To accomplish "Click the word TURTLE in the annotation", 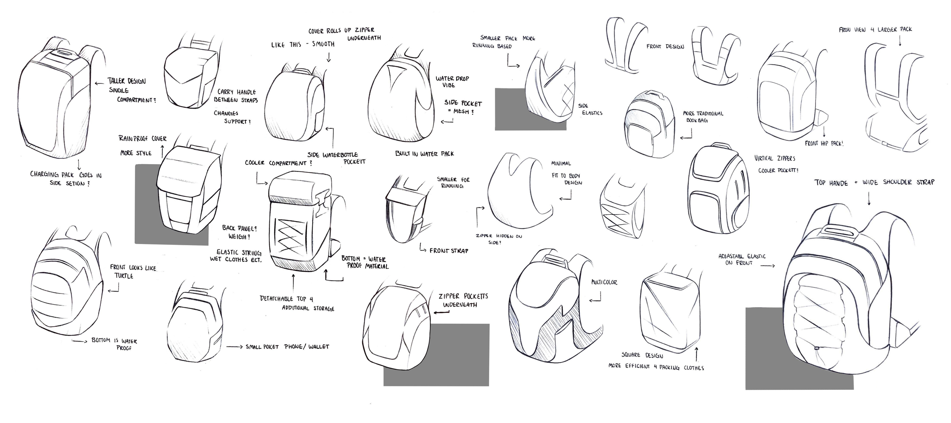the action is click(x=124, y=276).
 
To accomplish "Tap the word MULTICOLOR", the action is click(x=604, y=282).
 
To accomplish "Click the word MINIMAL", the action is click(x=561, y=163).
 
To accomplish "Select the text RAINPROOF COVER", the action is click(x=142, y=138).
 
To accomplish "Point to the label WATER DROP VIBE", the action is click(x=452, y=81).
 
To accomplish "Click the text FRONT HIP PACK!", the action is click(x=824, y=144).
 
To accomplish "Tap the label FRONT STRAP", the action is click(x=449, y=251).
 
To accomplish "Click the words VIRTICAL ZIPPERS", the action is click(x=774, y=158).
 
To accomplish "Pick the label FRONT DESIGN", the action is click(x=665, y=46).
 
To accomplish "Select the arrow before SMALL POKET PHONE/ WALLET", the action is click(x=234, y=346).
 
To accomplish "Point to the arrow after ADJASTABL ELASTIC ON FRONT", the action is click(x=768, y=266).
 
